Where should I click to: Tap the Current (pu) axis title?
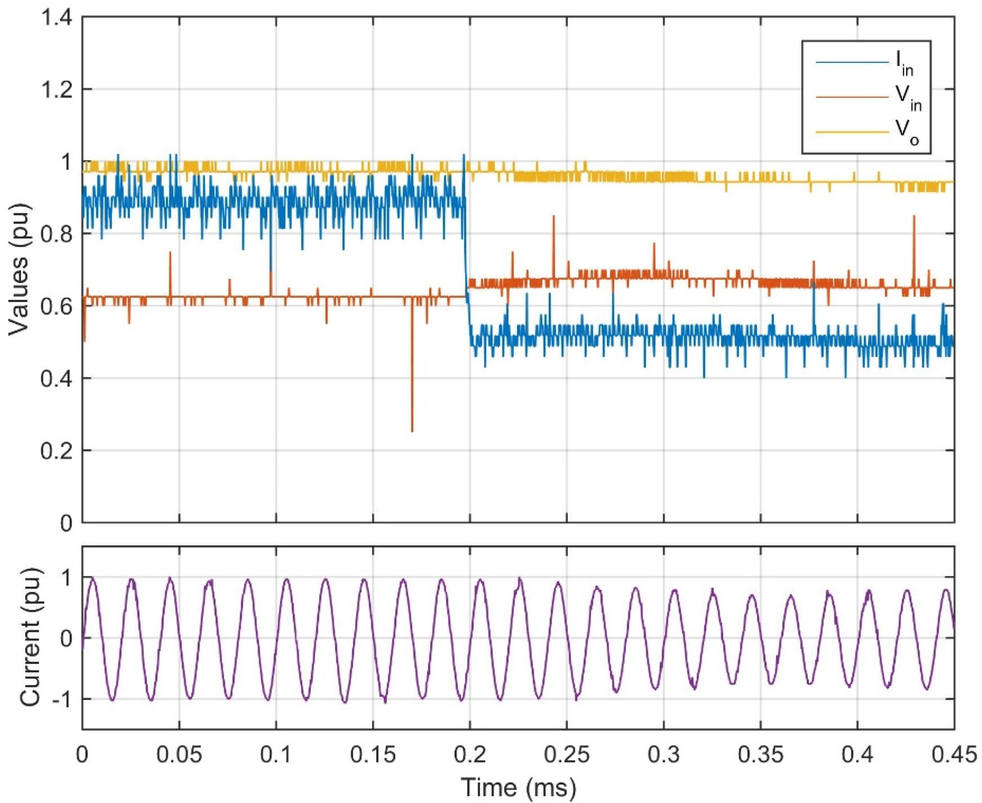(x=31, y=639)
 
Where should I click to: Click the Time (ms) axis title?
(x=519, y=787)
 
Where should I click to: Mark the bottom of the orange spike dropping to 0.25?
(x=412, y=431)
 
